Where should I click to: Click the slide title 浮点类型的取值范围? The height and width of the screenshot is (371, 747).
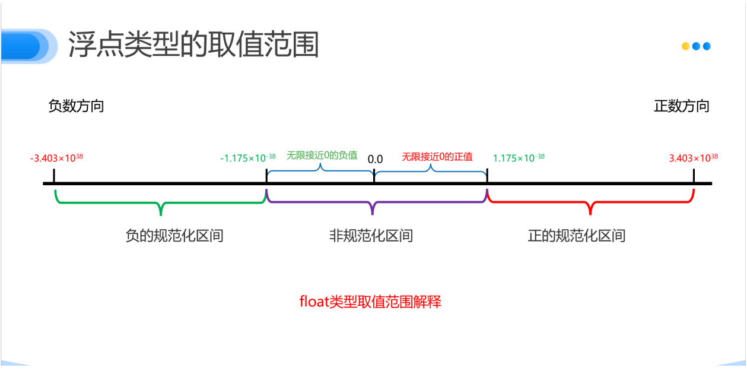[193, 45]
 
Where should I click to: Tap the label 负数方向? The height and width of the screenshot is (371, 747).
[76, 106]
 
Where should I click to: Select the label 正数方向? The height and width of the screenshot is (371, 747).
[681, 106]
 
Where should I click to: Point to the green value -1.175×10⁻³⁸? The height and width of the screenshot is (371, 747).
[247, 158]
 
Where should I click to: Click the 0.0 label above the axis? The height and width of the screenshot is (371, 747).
[375, 159]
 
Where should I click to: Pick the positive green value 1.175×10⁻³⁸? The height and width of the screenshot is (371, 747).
[519, 158]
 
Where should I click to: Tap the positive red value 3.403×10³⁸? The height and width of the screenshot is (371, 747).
[693, 158]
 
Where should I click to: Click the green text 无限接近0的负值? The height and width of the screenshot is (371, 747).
[322, 156]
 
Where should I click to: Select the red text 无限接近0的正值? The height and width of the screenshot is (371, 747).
[437, 157]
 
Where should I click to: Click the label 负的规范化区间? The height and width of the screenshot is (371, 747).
[174, 236]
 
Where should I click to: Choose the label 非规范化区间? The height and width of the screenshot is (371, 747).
[371, 236]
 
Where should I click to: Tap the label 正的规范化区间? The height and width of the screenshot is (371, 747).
[577, 236]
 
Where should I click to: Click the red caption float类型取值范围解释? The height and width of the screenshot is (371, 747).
[370, 302]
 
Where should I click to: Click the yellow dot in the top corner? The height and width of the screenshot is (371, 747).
[685, 46]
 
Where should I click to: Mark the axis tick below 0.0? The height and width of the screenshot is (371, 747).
[374, 177]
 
